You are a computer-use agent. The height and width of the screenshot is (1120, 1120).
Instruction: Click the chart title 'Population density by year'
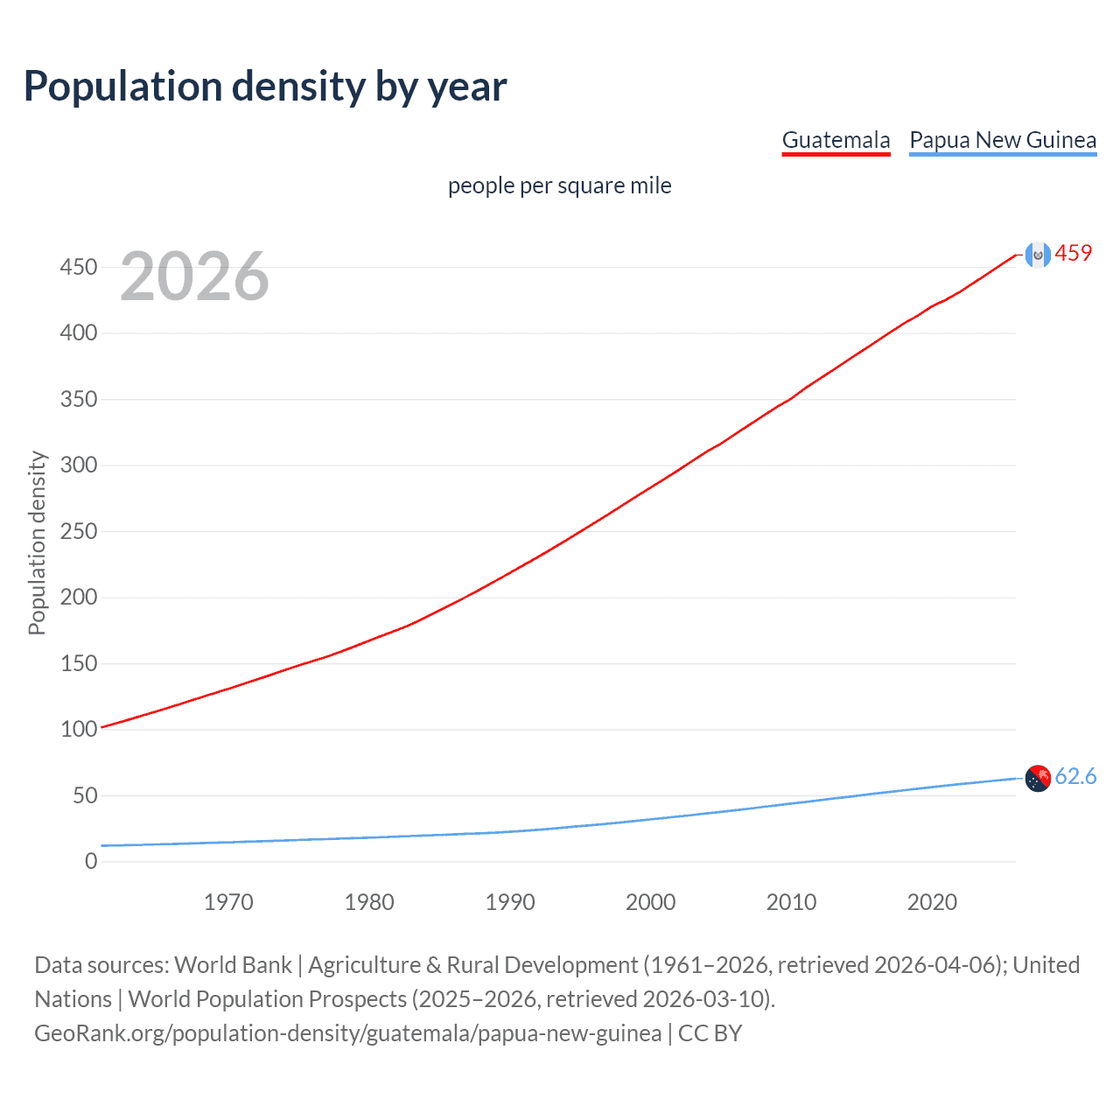point(265,87)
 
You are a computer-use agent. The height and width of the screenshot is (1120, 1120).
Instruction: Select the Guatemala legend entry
point(836,140)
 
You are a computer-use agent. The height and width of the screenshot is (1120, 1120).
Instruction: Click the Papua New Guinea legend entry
point(1003,140)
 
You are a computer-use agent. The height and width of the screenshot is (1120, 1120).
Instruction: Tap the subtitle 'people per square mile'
point(559,185)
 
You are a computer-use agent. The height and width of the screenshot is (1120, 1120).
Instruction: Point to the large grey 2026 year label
point(194,276)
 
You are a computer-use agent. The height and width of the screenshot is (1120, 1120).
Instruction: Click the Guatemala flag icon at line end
point(1038,255)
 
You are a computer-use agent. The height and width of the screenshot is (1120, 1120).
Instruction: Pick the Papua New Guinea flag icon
point(1038,778)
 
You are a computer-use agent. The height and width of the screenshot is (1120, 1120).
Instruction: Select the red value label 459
point(1074,253)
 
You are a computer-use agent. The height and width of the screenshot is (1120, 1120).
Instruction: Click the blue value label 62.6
point(1075,776)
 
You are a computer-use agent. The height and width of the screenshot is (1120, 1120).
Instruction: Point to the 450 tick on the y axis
point(79,267)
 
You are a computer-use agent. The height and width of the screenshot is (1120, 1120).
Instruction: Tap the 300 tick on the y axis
point(79,465)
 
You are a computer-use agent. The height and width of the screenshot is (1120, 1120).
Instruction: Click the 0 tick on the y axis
point(91,861)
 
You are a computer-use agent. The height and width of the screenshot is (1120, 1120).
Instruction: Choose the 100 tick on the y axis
point(79,729)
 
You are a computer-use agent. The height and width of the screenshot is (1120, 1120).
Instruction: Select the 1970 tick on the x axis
point(228,902)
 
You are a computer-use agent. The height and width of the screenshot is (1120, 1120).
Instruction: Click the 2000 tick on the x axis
point(650,902)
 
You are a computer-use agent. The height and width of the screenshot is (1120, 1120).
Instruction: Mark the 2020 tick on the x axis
point(932,902)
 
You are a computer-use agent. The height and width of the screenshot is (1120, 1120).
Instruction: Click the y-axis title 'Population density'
point(37,542)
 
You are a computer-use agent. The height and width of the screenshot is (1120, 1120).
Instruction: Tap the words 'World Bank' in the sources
point(233,964)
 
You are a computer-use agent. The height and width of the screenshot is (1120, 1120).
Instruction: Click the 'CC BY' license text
point(710,1033)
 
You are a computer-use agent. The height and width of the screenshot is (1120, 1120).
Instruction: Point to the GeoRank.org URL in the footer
point(347,1033)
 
